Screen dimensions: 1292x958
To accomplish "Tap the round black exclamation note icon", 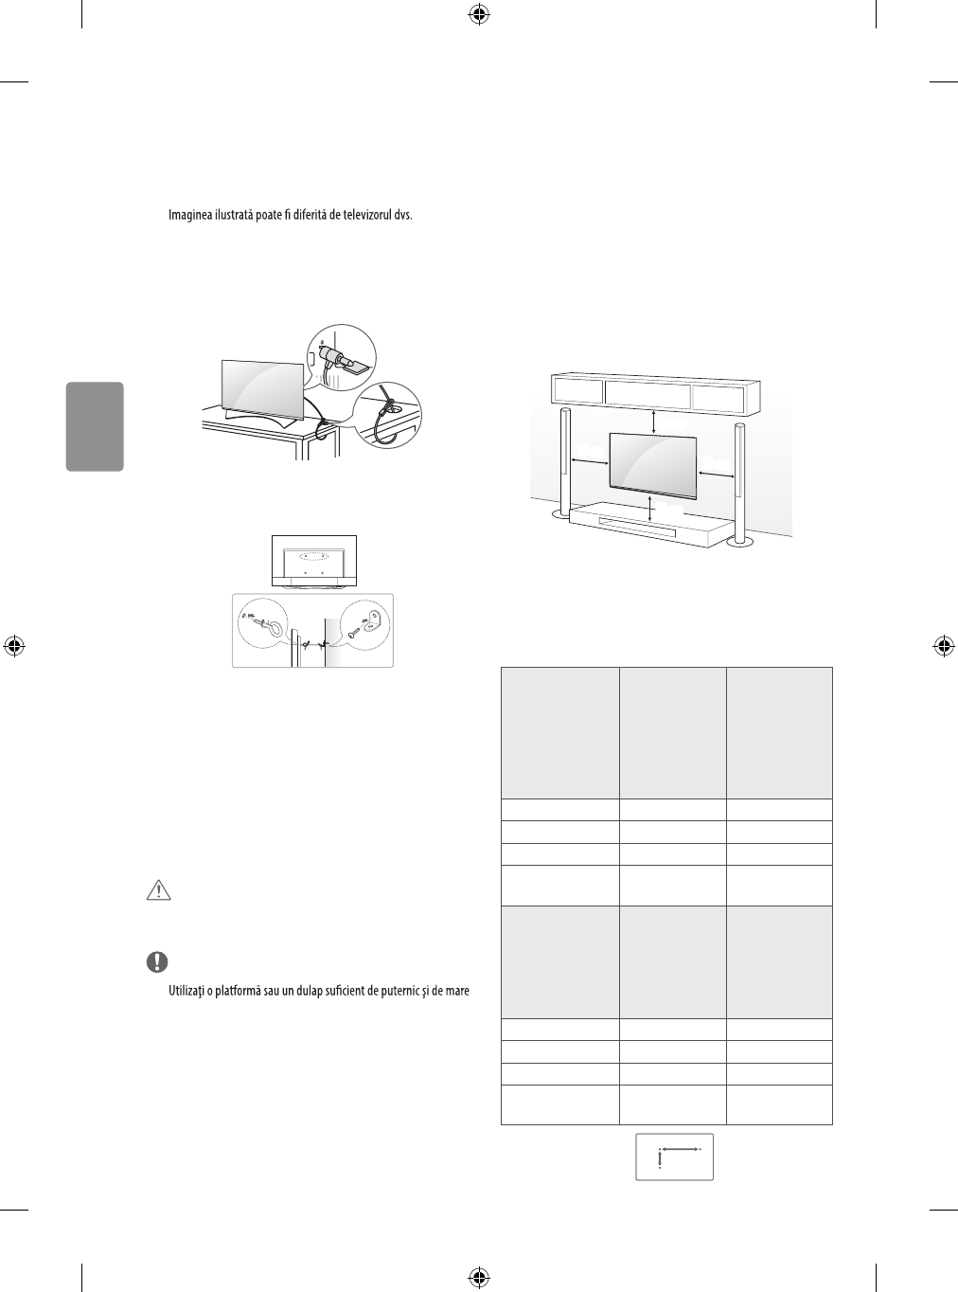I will click(156, 961).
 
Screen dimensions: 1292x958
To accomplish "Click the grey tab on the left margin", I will click(95, 426).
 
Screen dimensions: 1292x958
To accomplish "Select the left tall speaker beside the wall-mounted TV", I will click(565, 464).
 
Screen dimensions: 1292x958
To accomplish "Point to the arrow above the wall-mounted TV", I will click(653, 419).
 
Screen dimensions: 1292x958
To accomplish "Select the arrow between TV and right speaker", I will click(716, 471).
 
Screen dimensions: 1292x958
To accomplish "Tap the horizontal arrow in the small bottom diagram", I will click(681, 1148).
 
